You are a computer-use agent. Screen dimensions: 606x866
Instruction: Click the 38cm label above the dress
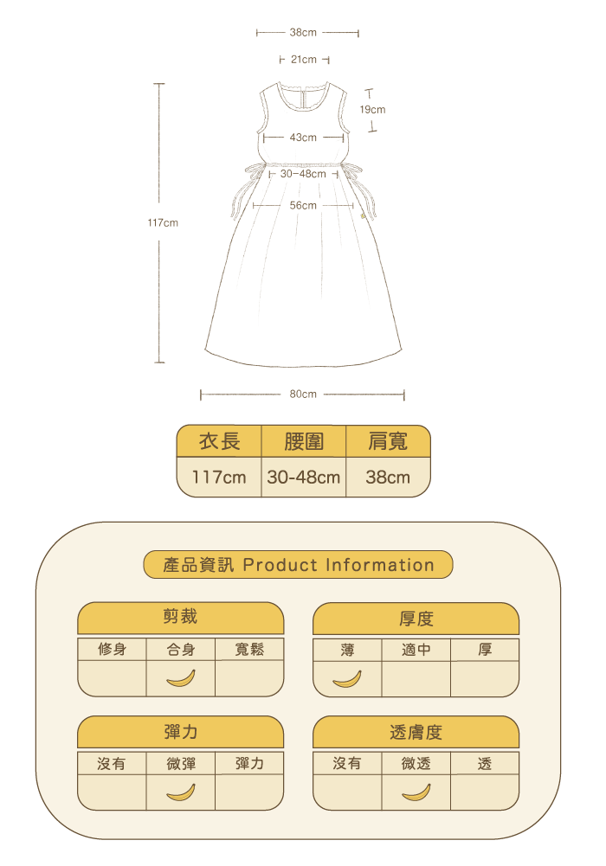click(303, 32)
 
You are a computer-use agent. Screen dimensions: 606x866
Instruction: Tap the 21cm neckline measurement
click(303, 60)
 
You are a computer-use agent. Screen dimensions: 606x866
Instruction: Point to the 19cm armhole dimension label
click(372, 110)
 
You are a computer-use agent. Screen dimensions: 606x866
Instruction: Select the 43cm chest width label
click(303, 138)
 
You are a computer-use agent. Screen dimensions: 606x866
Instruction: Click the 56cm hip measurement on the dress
click(303, 205)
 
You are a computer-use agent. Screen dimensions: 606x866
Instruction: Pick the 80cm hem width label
click(303, 395)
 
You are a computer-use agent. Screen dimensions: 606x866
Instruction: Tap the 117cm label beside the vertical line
click(163, 223)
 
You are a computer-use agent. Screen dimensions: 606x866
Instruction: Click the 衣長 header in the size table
click(219, 441)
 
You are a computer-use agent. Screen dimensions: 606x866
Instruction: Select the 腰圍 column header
click(304, 441)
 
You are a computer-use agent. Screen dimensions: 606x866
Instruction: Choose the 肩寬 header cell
click(388, 441)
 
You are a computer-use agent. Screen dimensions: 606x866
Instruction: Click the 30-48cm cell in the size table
click(304, 477)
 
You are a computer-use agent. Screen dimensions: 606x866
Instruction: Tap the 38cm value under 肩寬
click(388, 477)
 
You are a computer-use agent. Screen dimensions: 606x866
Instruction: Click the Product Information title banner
click(299, 565)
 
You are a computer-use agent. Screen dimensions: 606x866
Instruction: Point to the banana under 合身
click(181, 679)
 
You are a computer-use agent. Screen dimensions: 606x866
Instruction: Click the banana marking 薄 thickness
click(347, 679)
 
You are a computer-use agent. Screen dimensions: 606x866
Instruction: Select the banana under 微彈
click(181, 792)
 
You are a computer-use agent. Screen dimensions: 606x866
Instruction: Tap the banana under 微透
click(416, 792)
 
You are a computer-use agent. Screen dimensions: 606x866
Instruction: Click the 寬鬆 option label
click(249, 650)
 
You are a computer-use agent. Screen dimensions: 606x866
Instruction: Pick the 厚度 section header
click(416, 619)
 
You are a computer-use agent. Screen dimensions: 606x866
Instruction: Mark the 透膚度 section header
click(416, 732)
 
